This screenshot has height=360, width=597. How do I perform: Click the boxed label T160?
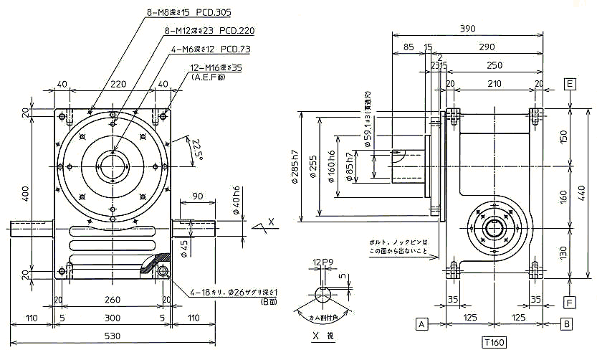pos(494,343)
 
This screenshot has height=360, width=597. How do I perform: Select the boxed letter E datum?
pos(570,84)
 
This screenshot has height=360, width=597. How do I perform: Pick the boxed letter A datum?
pos(422,324)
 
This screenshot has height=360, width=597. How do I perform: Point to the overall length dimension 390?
pos(467,29)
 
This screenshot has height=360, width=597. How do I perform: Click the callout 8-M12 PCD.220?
pos(210,31)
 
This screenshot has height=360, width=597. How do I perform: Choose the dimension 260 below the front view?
pos(111,300)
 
